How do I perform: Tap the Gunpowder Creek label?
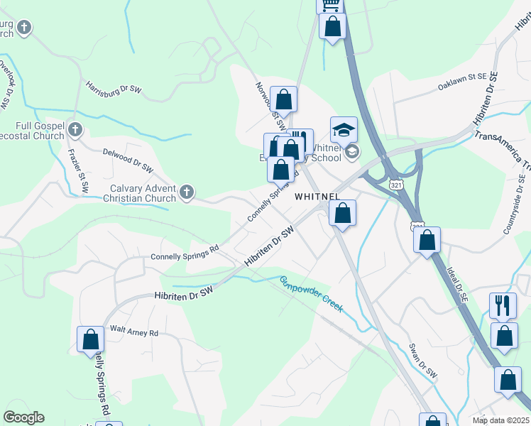click(x=312, y=294)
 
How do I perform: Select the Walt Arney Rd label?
click(x=133, y=332)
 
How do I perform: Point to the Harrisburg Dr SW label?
click(x=114, y=89)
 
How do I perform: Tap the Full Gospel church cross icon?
click(x=76, y=130)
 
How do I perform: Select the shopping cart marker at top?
click(x=329, y=4)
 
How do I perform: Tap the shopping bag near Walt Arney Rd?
click(x=91, y=340)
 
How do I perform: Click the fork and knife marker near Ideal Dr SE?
click(x=503, y=306)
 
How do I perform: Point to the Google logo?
click(x=24, y=417)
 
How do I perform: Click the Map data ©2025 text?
click(x=500, y=420)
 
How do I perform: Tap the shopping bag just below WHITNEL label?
click(x=342, y=213)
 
